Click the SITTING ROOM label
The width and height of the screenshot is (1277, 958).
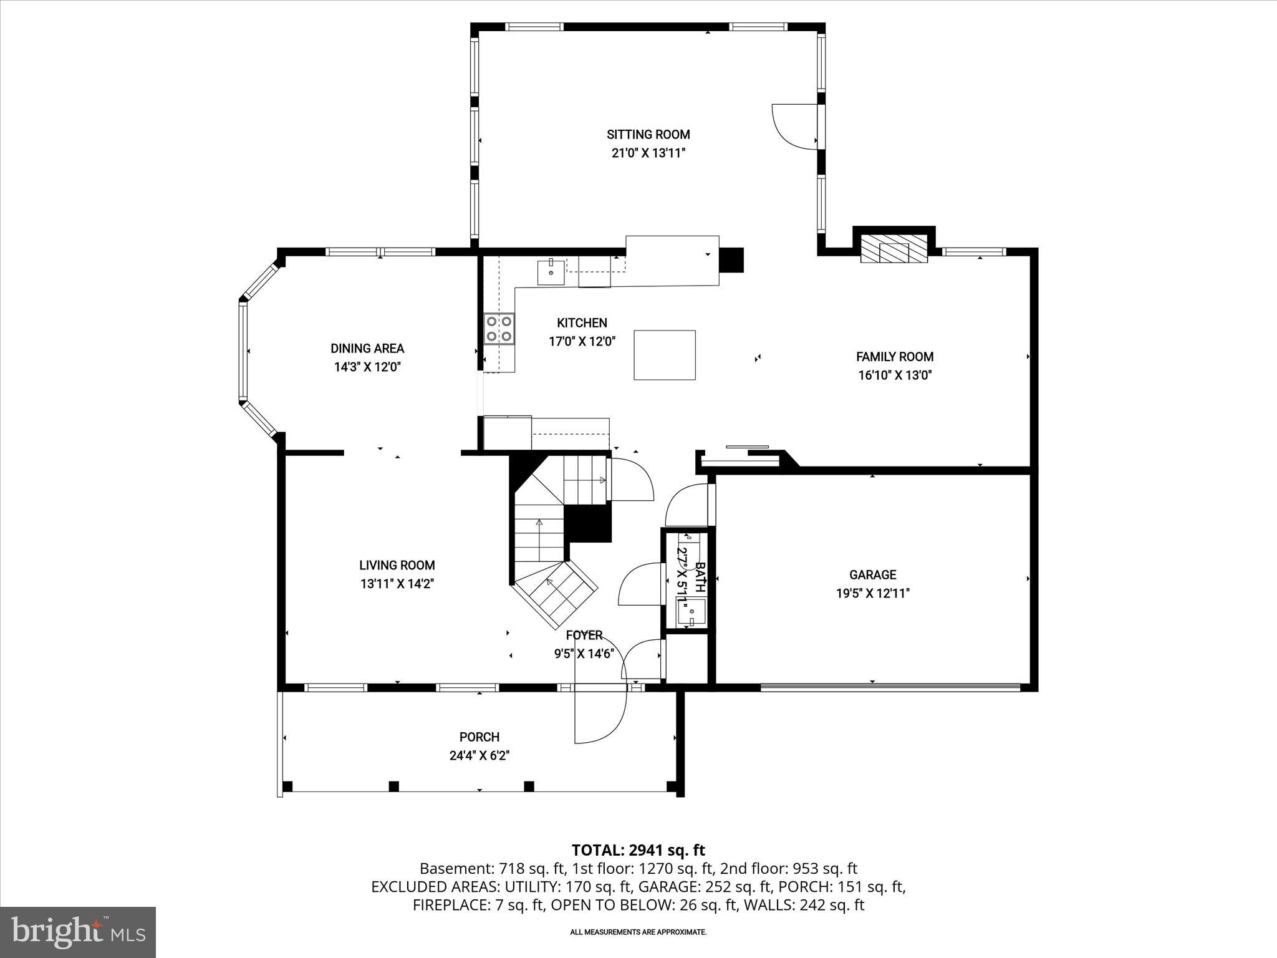pos(648,134)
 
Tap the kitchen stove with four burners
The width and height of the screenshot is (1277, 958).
pos(499,329)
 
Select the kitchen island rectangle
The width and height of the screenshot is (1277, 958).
pos(664,355)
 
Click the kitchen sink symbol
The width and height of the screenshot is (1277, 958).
pos(551,273)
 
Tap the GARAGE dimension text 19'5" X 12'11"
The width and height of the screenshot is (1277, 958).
pos(872,593)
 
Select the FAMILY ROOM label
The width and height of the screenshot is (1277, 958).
pos(894,357)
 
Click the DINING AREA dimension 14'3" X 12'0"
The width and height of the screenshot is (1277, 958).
pos(367,367)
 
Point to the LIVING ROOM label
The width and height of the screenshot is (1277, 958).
pos(397,565)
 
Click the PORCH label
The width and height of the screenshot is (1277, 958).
pos(479,737)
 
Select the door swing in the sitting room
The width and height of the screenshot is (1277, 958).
pos(793,127)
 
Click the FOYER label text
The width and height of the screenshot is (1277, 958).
pos(584,635)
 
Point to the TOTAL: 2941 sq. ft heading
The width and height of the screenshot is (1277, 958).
pos(638,850)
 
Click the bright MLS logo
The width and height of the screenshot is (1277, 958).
pos(78,932)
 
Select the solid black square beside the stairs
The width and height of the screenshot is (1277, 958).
pos(587,523)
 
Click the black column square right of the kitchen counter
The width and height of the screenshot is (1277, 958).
pos(731,260)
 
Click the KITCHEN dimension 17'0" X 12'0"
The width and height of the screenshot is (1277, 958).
pos(582,341)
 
